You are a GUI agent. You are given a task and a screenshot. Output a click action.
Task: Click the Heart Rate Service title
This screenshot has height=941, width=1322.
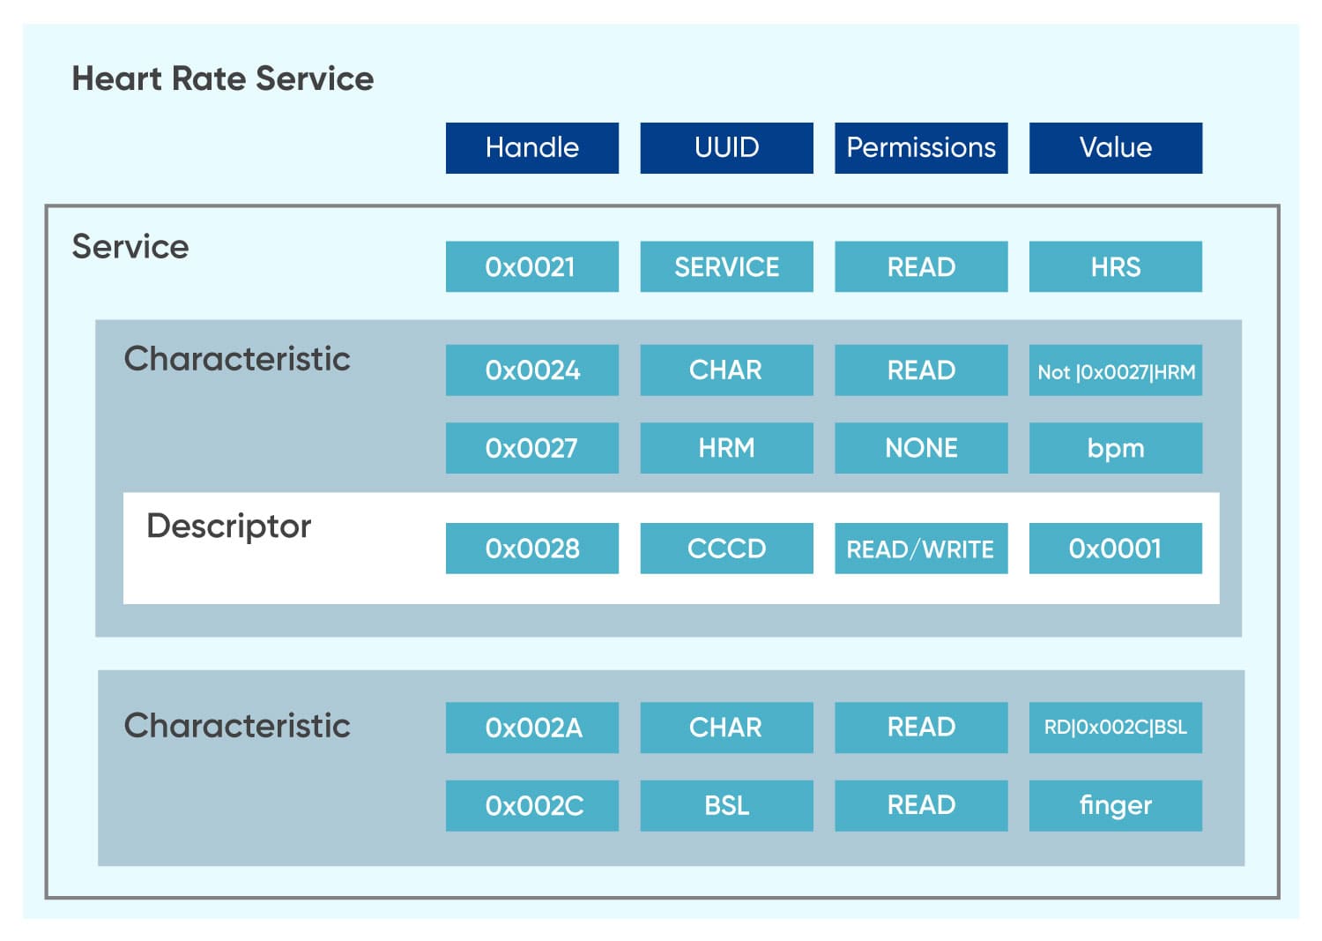click(222, 78)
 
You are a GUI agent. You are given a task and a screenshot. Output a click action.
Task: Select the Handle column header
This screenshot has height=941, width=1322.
click(531, 147)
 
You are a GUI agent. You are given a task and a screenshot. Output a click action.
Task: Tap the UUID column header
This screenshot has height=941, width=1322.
click(726, 147)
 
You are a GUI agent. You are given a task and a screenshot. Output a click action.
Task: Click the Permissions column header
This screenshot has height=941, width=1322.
click(921, 147)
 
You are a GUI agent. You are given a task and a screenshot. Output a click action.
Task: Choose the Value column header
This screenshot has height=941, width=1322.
click(1115, 147)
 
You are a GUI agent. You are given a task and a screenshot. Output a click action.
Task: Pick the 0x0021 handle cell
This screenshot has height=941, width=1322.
click(531, 266)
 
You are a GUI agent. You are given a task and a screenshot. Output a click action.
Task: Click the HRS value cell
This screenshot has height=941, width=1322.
click(1115, 266)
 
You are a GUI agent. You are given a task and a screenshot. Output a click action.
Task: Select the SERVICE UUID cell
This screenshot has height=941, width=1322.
click(726, 266)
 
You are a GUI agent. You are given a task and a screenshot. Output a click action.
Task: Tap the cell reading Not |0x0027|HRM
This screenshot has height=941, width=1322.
click(1115, 370)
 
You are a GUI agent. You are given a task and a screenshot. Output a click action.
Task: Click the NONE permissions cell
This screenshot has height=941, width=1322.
click(921, 448)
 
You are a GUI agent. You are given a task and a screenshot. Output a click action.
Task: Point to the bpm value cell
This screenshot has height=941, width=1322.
click(1115, 448)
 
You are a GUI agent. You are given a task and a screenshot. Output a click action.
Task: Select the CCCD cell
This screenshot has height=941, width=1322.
click(726, 549)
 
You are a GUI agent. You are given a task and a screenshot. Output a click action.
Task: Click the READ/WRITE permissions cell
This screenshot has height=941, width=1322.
click(921, 549)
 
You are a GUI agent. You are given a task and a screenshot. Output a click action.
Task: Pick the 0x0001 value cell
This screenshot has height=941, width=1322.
click(1115, 549)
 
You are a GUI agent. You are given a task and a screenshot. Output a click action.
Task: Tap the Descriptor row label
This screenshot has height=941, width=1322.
click(228, 526)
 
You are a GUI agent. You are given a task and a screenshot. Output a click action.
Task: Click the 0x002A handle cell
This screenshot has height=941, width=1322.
click(531, 728)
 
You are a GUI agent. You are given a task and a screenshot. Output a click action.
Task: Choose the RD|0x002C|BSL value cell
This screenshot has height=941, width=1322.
click(1115, 728)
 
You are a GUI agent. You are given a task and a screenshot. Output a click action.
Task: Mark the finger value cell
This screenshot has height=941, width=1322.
click(1115, 805)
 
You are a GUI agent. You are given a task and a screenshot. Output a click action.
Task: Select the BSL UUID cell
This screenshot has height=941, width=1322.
click(726, 805)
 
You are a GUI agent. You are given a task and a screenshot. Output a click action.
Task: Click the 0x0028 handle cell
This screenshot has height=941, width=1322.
click(531, 549)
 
